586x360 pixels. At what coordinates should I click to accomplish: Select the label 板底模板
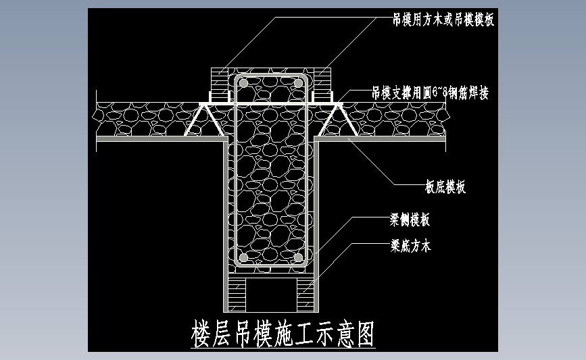pos(445,188)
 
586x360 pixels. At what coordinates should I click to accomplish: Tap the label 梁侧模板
pos(410,220)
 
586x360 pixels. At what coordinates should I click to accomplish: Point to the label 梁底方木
pos(410,246)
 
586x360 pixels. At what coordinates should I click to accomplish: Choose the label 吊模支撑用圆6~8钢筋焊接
pos(430,93)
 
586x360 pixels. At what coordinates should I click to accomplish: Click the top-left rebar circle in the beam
pos(243,82)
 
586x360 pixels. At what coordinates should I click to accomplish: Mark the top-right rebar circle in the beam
pos(298,82)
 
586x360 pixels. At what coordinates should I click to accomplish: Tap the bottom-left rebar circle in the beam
pos(243,258)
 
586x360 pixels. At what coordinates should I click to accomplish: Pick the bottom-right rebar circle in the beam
pos(298,258)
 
